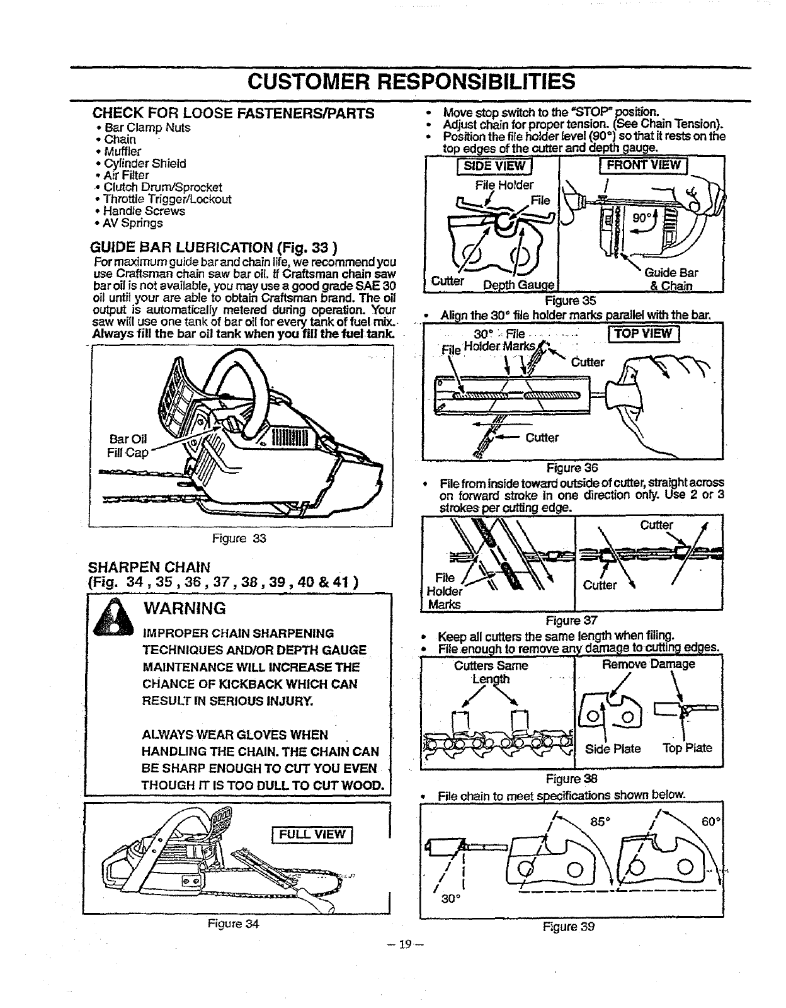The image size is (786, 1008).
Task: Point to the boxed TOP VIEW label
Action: coord(648,333)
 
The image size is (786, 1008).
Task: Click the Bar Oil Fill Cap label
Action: coord(128,445)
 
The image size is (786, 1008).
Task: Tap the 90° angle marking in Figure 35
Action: coord(642,219)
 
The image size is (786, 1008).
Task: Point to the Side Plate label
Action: coord(612,749)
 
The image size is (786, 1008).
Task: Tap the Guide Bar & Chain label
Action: coord(671,280)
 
